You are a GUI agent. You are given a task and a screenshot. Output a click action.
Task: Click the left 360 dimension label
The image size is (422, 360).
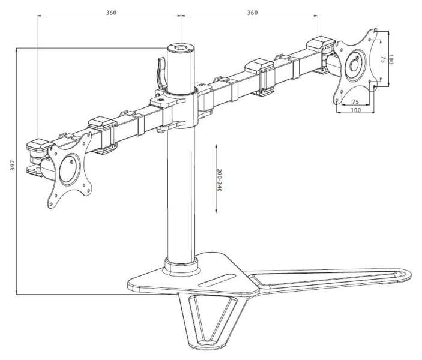(x=111, y=13)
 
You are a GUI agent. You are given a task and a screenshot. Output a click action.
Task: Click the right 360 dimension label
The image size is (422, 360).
(x=252, y=13)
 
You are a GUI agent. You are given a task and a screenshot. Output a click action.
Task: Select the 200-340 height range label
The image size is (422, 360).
(x=219, y=180)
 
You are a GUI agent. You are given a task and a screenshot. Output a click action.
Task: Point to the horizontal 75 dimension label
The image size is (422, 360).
(x=355, y=102)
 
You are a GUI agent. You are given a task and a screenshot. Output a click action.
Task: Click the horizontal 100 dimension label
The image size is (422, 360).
(x=355, y=110)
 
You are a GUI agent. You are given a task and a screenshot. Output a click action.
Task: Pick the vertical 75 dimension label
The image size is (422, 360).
(x=383, y=60)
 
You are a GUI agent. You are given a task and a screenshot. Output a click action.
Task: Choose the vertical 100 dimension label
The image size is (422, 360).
(x=391, y=59)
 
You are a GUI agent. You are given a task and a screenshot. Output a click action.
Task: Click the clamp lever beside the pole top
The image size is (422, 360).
(x=162, y=73)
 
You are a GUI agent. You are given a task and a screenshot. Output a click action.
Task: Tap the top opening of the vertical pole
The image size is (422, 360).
(x=181, y=48)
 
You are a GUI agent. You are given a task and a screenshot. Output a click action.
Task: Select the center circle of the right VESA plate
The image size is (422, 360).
(x=355, y=65)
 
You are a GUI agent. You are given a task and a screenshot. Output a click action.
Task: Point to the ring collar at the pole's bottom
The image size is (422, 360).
(x=181, y=265)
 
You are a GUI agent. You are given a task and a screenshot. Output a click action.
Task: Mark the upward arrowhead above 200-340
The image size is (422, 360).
(x=216, y=146)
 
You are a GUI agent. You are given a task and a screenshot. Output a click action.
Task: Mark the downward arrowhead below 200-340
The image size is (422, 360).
(x=216, y=211)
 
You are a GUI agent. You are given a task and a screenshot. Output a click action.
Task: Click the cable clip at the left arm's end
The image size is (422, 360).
(x=38, y=145)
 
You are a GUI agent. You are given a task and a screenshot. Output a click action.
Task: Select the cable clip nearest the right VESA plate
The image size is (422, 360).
(x=321, y=44)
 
